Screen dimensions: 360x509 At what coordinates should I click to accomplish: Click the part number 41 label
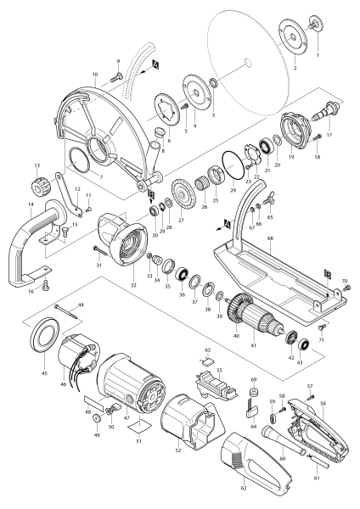(253, 345)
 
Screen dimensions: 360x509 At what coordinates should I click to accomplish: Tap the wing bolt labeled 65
(268, 202)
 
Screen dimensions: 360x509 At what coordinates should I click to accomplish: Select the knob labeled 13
(41, 185)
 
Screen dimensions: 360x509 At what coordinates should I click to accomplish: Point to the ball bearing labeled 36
(182, 277)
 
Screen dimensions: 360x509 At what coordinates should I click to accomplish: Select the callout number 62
(244, 488)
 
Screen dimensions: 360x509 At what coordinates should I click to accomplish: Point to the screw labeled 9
(115, 77)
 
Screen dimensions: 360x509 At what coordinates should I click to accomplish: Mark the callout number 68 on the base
(270, 238)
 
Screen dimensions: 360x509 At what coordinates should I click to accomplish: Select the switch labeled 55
(216, 385)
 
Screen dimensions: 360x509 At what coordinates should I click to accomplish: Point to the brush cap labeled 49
(97, 417)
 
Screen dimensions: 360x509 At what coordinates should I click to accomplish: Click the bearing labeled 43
(303, 345)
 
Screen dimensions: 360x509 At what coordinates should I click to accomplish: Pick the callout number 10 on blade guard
(95, 75)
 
